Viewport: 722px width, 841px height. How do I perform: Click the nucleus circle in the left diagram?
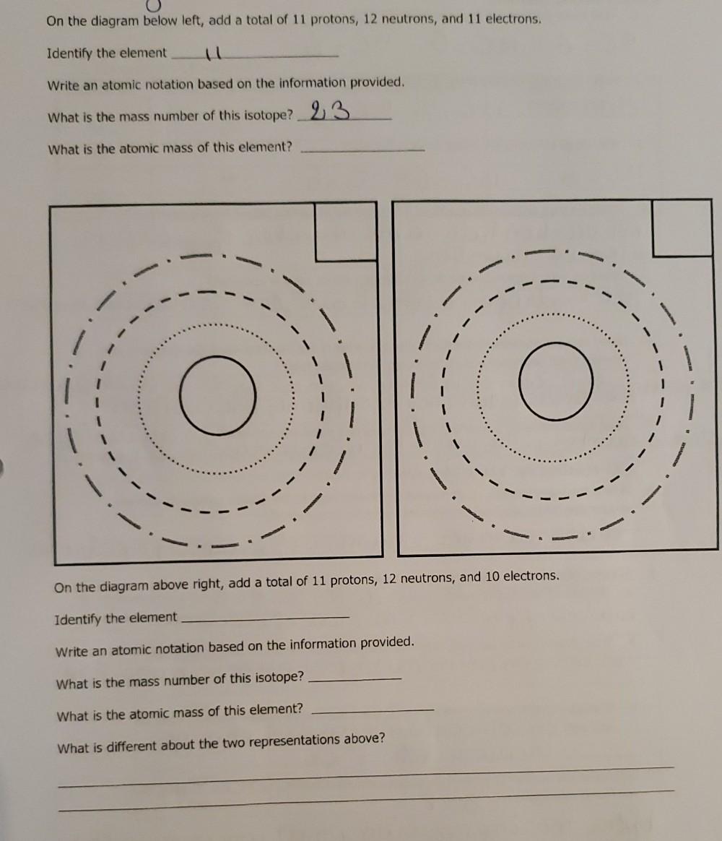[x=217, y=394]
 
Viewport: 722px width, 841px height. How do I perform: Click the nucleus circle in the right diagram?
[x=556, y=380]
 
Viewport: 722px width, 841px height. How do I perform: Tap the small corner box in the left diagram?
[x=345, y=231]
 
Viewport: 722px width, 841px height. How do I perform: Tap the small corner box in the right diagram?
[x=682, y=228]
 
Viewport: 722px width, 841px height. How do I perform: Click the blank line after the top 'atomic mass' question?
[x=362, y=150]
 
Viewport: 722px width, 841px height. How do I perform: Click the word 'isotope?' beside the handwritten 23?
[x=268, y=116]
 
